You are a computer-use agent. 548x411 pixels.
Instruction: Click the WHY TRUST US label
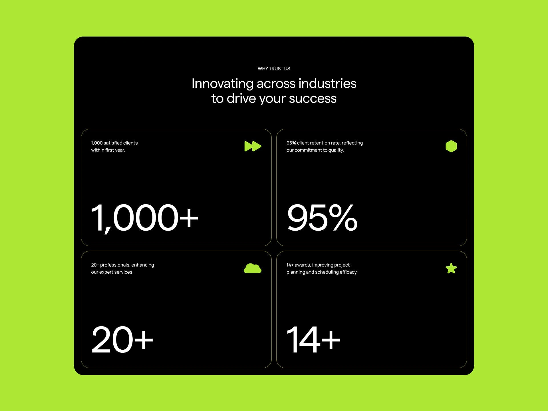point(274,68)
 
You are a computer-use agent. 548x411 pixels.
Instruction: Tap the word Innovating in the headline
point(222,84)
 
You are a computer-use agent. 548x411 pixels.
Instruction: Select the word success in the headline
point(313,98)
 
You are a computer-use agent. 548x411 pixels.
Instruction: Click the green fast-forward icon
point(253,146)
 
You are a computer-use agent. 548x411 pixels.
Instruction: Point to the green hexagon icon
point(451,146)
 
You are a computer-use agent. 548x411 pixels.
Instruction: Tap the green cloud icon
point(252,268)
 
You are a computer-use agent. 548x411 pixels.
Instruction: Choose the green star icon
point(451,268)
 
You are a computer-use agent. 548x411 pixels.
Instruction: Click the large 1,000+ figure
point(145,218)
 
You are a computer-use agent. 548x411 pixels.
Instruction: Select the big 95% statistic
point(322,217)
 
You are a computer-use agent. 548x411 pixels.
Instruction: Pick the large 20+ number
point(122,340)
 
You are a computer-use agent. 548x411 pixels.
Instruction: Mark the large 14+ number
point(313,340)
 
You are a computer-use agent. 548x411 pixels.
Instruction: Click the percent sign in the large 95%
point(343,217)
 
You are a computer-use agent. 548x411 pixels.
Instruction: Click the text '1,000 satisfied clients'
point(114,143)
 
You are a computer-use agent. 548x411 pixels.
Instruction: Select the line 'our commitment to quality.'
point(315,150)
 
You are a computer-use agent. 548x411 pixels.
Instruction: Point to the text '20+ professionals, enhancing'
point(122,265)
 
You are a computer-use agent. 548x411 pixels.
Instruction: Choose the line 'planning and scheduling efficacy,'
point(322,272)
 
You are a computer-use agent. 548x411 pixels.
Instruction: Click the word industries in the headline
point(327,84)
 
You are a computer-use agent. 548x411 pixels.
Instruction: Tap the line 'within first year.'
point(108,150)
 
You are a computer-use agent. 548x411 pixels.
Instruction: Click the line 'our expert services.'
point(112,272)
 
